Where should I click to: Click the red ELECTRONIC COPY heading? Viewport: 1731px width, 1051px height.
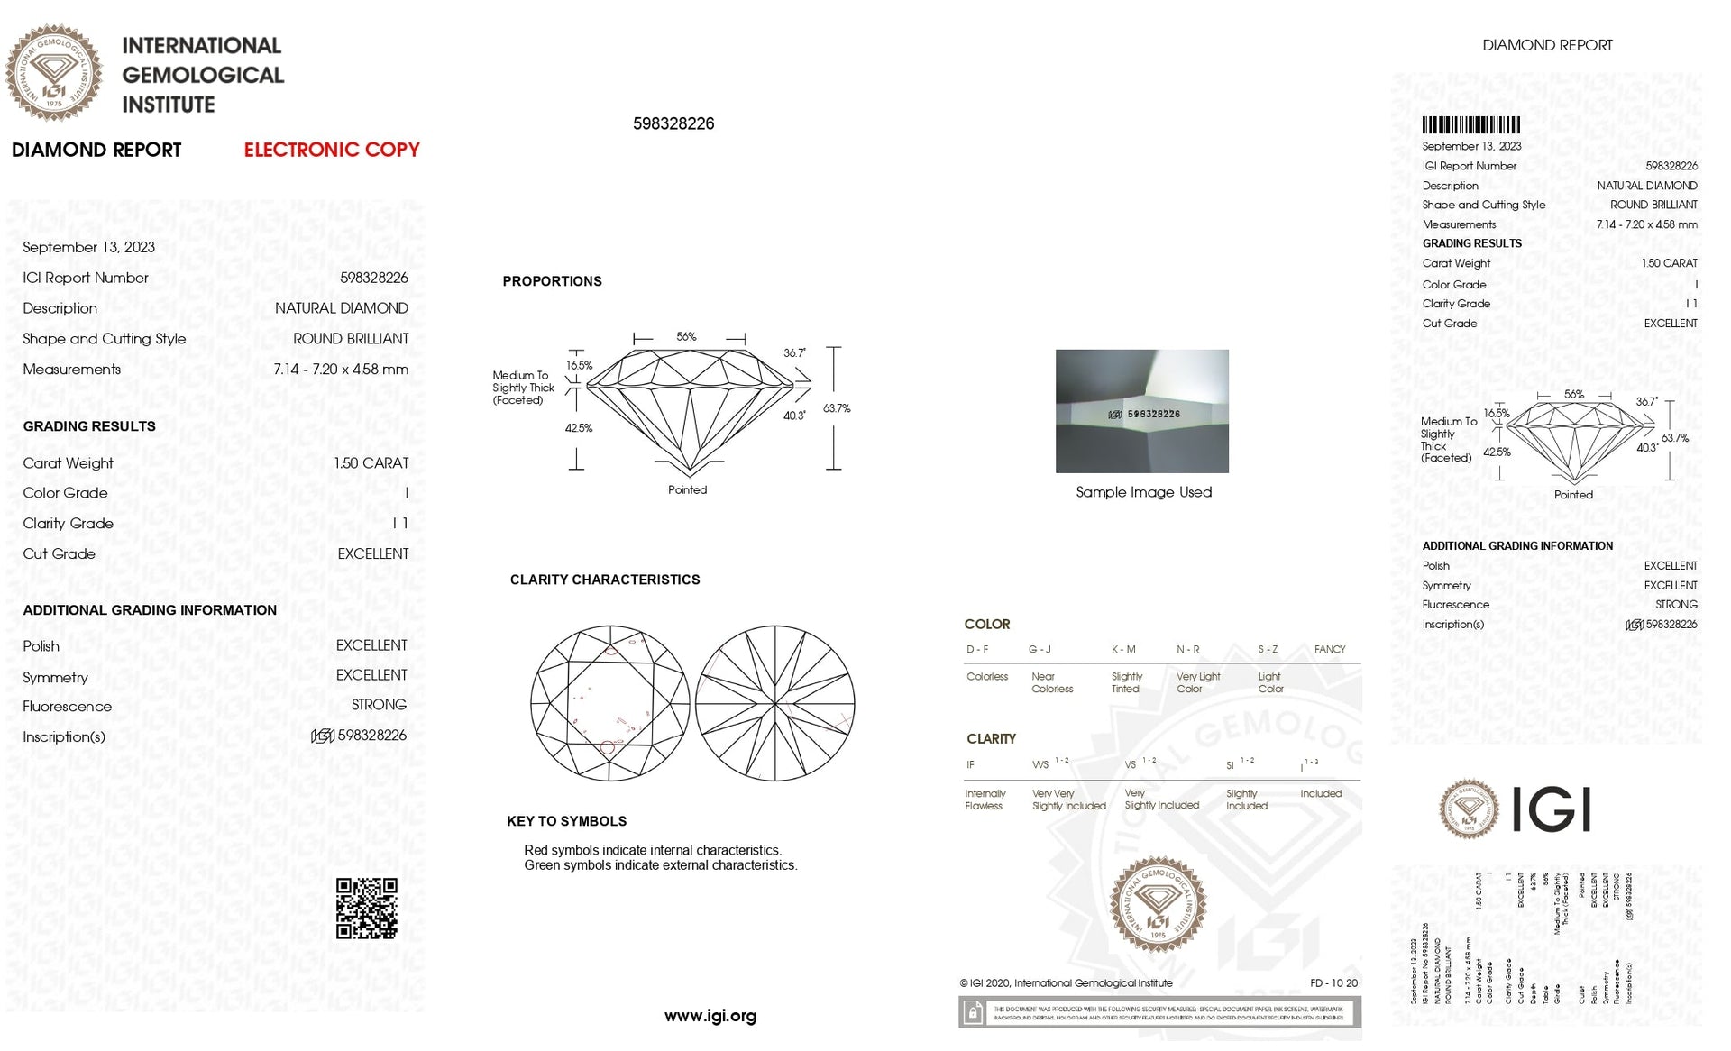coord(331,150)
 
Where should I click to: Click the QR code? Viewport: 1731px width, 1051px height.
coord(366,909)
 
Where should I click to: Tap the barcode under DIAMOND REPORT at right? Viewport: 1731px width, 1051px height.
coord(1470,125)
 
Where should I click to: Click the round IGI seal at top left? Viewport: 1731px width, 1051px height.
coord(53,73)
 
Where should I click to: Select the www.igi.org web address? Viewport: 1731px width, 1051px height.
coord(710,1016)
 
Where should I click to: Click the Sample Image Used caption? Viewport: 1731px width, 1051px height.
coord(1143,492)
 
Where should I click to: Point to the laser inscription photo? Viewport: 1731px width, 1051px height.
coord(1141,411)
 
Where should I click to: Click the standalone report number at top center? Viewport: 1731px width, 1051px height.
coord(673,123)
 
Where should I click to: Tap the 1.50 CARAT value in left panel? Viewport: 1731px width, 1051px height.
coord(371,463)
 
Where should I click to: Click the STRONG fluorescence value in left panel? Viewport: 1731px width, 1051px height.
coord(379,705)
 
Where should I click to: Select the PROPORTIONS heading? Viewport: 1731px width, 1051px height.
coord(552,281)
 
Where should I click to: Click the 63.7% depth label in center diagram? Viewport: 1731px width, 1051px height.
coord(836,408)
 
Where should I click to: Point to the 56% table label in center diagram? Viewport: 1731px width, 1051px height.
coord(686,337)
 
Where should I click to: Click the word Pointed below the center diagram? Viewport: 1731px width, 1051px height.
coord(687,490)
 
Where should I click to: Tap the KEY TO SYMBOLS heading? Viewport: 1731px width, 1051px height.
coord(566,821)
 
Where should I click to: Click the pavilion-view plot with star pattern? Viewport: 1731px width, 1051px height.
coord(774,703)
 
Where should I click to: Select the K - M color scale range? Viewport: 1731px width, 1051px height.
coord(1123,649)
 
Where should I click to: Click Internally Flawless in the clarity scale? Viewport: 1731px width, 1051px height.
coord(985,800)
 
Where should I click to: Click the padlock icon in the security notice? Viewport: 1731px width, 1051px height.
coord(973,1013)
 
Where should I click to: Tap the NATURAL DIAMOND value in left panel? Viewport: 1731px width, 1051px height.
coord(341,308)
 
